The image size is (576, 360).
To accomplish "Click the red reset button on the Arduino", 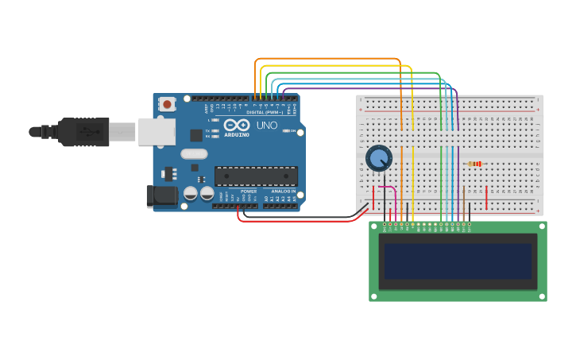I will (167, 104).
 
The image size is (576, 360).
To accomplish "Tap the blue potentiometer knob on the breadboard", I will (378, 157).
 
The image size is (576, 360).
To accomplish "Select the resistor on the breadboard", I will (475, 164).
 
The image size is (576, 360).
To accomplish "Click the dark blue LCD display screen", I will (457, 261).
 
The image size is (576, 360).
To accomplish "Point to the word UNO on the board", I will (267, 126).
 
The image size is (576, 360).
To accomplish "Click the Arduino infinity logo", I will (236, 126).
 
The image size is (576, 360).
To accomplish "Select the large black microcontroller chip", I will (256, 176).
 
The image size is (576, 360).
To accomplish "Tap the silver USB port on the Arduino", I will (157, 131).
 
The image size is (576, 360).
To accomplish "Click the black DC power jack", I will (164, 195).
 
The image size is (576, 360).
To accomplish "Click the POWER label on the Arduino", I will (249, 192).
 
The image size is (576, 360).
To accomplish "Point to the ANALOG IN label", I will (282, 192).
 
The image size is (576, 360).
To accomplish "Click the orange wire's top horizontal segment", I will (326, 59).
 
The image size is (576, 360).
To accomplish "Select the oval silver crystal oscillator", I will (194, 154).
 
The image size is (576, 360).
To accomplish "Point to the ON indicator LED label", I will (293, 131).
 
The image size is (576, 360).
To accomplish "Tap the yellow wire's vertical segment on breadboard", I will (412, 159).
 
